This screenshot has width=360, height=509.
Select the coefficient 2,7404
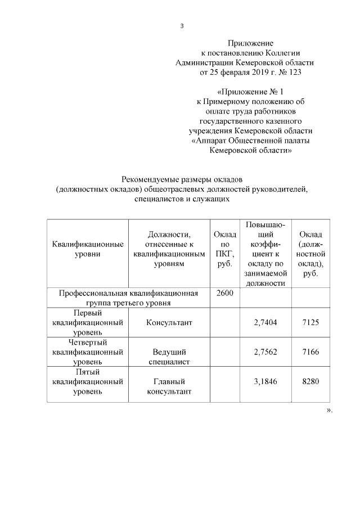tap(265, 323)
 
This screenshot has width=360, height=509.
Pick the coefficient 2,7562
tap(265, 352)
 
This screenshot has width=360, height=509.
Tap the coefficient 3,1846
tap(265, 381)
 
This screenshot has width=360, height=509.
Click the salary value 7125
tap(310, 323)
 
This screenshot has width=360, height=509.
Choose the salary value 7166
tap(310, 352)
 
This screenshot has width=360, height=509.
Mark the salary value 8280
tap(310, 381)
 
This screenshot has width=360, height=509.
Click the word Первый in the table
tap(87, 313)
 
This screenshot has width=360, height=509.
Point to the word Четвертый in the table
tap(87, 342)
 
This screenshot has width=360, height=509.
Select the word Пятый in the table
tap(87, 371)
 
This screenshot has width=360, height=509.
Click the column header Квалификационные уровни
tap(87, 249)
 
